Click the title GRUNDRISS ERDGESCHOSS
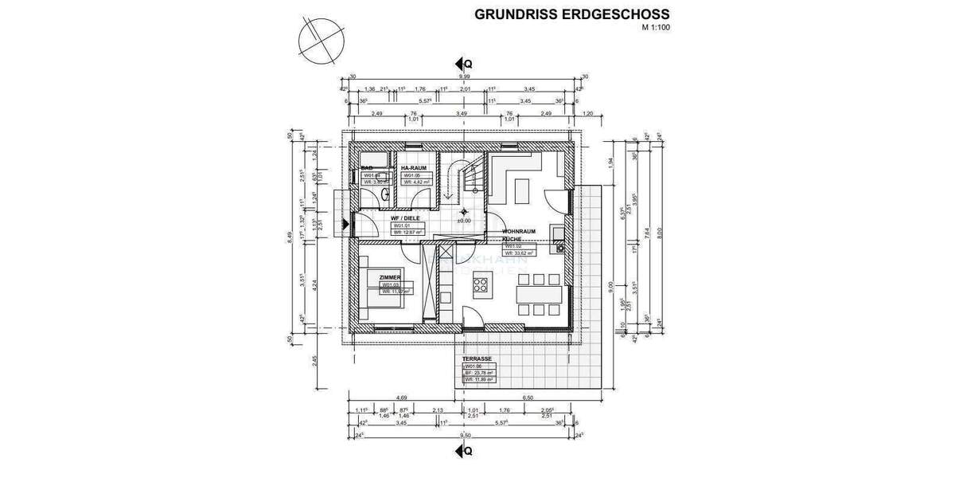[x=571, y=14]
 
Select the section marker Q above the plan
[x=465, y=63]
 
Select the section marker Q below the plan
[x=465, y=451]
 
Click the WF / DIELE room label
[x=404, y=218]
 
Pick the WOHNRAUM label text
[x=518, y=232]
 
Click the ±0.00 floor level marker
[x=464, y=221]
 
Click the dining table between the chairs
[x=541, y=293]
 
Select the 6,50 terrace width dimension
[x=526, y=397]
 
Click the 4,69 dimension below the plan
[x=403, y=397]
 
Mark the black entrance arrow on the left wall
[x=344, y=224]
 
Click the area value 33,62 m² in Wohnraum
[x=525, y=253]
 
